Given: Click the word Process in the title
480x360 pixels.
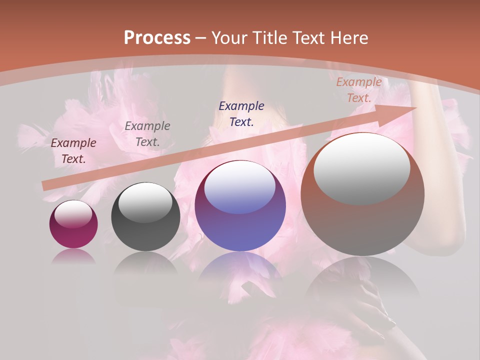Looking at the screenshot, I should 157,38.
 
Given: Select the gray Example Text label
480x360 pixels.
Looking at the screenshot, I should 147,134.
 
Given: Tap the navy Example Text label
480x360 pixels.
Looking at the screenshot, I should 241,113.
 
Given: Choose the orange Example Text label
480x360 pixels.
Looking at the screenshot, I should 359,90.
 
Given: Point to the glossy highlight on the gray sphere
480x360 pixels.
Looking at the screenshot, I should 145,201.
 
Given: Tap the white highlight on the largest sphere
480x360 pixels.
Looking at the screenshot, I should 362,167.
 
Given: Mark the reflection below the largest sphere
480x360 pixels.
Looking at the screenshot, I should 362,280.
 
